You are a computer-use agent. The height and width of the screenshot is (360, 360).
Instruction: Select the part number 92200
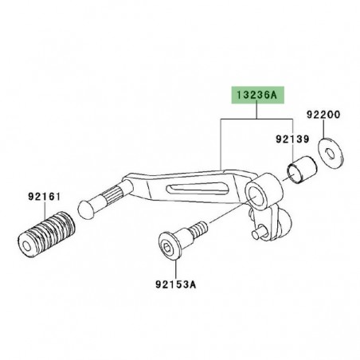coord(325,115)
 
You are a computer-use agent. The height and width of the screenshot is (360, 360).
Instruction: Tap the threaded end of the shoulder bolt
coord(198,229)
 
